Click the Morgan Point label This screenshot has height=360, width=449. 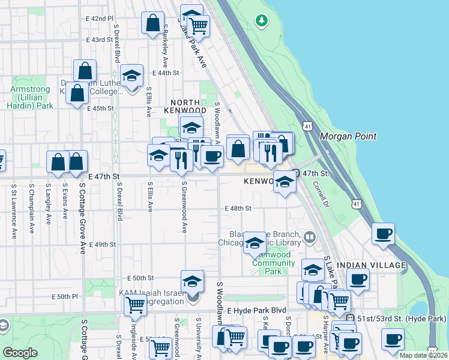(348, 136)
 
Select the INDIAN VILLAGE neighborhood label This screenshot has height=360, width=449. (372, 265)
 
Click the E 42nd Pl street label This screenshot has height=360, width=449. (99, 19)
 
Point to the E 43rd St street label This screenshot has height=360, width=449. (99, 40)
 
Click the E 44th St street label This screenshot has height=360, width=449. (166, 73)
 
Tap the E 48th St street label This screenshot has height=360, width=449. (237, 208)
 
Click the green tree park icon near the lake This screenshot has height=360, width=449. (261, 21)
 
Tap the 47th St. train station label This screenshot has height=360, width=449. (316, 173)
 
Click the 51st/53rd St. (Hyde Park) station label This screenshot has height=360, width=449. (401, 318)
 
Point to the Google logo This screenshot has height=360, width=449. (20, 352)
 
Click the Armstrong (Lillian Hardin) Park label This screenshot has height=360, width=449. (32, 97)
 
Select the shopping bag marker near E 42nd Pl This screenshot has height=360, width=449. (153, 23)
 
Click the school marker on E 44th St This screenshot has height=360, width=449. (131, 77)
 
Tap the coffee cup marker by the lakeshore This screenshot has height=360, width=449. (383, 234)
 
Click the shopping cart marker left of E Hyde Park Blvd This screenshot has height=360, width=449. (135, 304)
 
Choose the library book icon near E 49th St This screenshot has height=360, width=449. (309, 237)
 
